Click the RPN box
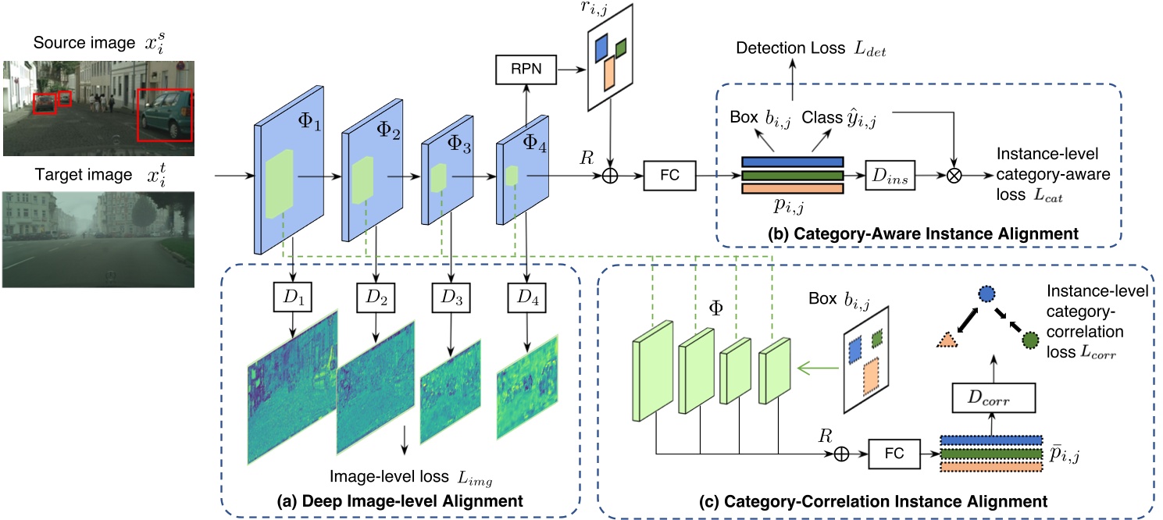pyautogui.click(x=526, y=69)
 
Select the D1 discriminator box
pyautogui.click(x=293, y=297)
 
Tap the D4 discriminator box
pyautogui.click(x=527, y=297)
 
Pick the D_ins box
pyautogui.click(x=890, y=176)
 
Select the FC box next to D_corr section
pyautogui.click(x=894, y=454)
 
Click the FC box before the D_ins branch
pyautogui.click(x=670, y=176)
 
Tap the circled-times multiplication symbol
pyautogui.click(x=954, y=176)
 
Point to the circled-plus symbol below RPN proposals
pyautogui.click(x=610, y=176)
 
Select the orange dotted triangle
pyautogui.click(x=947, y=340)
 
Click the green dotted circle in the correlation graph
pyautogui.click(x=1030, y=340)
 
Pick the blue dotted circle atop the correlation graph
pyautogui.click(x=986, y=294)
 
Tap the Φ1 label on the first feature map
pyautogui.click(x=309, y=122)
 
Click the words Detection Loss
pyautogui.click(x=790, y=48)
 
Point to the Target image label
pyautogui.click(x=84, y=175)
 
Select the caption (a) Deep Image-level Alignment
pyautogui.click(x=400, y=501)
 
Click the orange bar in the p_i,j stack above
pyautogui.click(x=792, y=188)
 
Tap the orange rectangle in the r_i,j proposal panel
pyautogui.click(x=609, y=73)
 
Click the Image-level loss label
pyautogui.click(x=389, y=476)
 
